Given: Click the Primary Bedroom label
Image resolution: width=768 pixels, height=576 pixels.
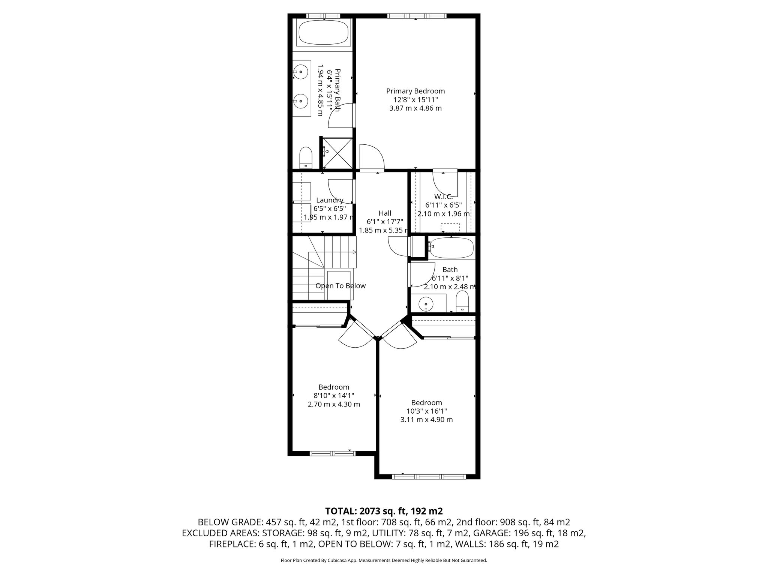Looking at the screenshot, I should click(415, 91).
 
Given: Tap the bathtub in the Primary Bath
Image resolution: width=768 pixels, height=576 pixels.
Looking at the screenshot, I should click(323, 33).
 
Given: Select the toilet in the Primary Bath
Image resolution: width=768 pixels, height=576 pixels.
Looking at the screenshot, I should click(306, 158).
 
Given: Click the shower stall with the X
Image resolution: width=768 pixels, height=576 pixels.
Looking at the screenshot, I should click(336, 153).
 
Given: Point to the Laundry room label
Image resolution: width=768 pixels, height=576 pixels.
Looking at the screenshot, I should click(330, 200).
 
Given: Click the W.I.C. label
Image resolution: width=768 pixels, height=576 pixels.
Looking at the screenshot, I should click(443, 197).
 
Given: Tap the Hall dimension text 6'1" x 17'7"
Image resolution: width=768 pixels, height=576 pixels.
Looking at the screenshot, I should click(385, 222).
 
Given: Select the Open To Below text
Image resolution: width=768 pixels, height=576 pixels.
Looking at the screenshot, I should click(340, 286).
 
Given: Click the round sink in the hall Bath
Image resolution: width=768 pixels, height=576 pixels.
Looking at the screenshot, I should click(426, 303).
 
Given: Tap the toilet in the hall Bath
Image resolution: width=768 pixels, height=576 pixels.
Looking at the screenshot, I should click(462, 302).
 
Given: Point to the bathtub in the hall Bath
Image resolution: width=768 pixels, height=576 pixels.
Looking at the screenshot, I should click(451, 248).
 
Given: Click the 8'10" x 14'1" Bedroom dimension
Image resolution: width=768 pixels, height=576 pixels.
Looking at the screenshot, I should click(334, 396).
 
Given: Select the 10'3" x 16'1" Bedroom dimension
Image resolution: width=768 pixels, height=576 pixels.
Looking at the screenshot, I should click(426, 411).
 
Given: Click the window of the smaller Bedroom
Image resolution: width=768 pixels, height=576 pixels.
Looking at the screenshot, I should click(332, 453).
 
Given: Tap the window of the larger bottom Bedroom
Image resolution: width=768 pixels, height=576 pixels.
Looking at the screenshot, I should click(429, 477).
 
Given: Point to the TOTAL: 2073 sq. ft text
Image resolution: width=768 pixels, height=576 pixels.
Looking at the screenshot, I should click(384, 511).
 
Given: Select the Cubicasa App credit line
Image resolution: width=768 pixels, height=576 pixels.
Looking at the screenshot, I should click(384, 561).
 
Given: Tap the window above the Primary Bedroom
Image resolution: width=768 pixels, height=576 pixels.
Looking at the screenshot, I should click(416, 16).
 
